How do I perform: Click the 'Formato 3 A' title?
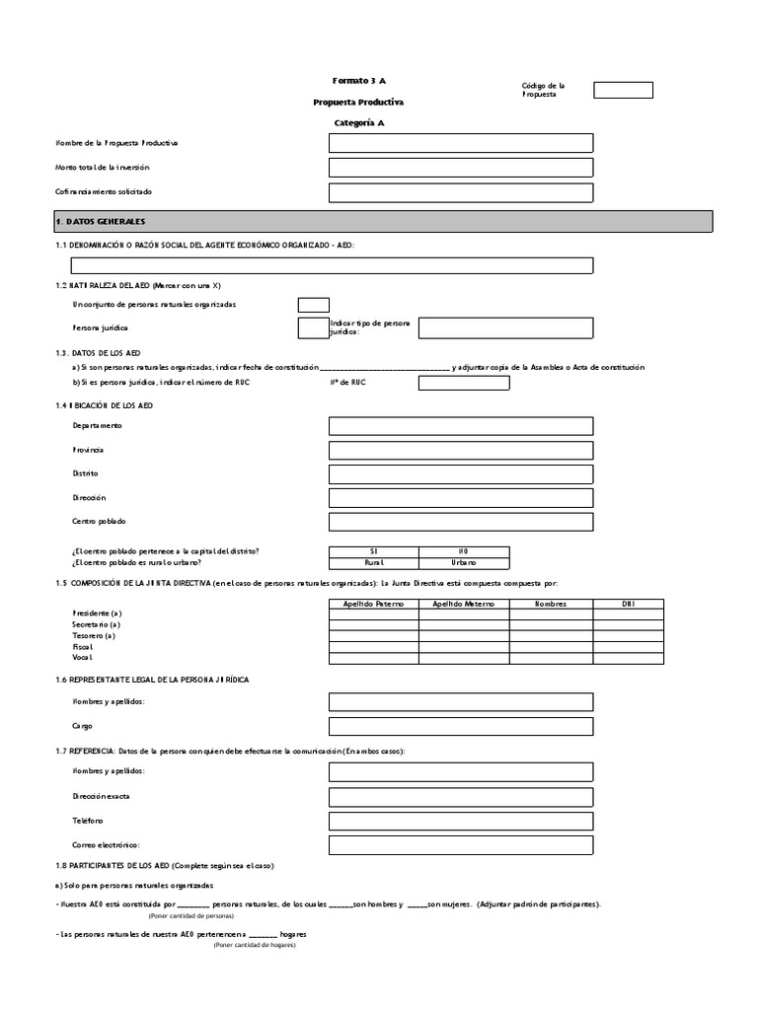352,80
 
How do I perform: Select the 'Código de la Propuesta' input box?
623,91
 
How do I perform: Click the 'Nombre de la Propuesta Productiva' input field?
461,143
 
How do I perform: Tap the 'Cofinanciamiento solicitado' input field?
461,192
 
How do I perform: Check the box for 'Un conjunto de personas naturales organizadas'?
313,305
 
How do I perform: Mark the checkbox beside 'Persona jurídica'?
313,327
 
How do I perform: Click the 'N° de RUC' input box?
464,383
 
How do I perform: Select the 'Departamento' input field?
461,426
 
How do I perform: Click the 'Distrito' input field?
461,474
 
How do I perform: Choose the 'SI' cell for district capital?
373,551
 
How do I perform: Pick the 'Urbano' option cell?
464,563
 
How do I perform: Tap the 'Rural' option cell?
373,563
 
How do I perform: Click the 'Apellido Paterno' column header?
373,603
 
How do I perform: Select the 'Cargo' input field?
461,726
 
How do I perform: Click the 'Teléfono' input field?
461,821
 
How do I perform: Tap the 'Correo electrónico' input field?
461,845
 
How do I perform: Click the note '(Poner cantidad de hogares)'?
254,945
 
